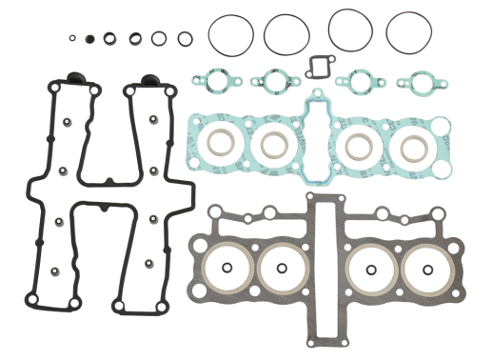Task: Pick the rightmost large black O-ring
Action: [409, 32]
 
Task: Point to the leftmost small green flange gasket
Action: [211, 81]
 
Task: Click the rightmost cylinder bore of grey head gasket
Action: [423, 270]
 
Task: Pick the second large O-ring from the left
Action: [286, 34]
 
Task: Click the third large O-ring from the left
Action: [349, 30]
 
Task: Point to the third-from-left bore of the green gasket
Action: [361, 145]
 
